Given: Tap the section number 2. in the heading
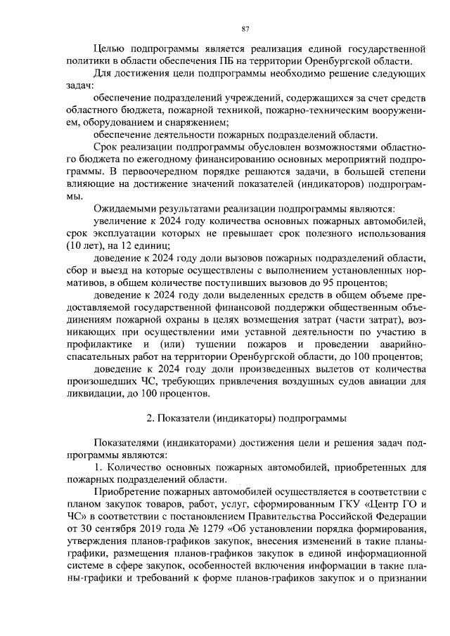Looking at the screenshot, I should pos(150,419).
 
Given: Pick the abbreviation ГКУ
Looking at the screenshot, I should pos(337,505).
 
